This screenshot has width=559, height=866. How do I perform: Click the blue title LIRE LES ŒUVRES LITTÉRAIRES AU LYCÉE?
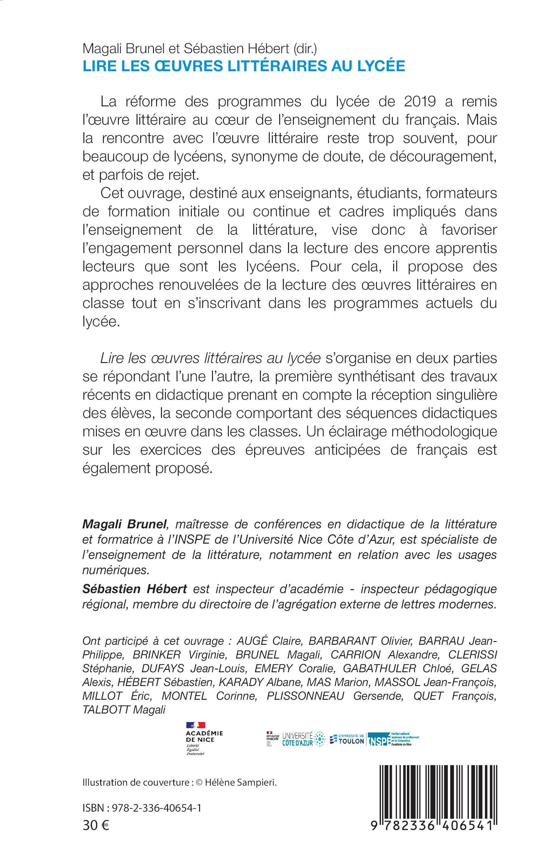(x=244, y=66)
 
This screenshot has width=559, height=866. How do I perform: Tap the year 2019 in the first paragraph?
(x=418, y=102)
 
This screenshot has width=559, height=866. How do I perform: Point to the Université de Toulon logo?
(x=347, y=739)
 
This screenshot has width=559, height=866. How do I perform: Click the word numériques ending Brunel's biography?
(x=115, y=570)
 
